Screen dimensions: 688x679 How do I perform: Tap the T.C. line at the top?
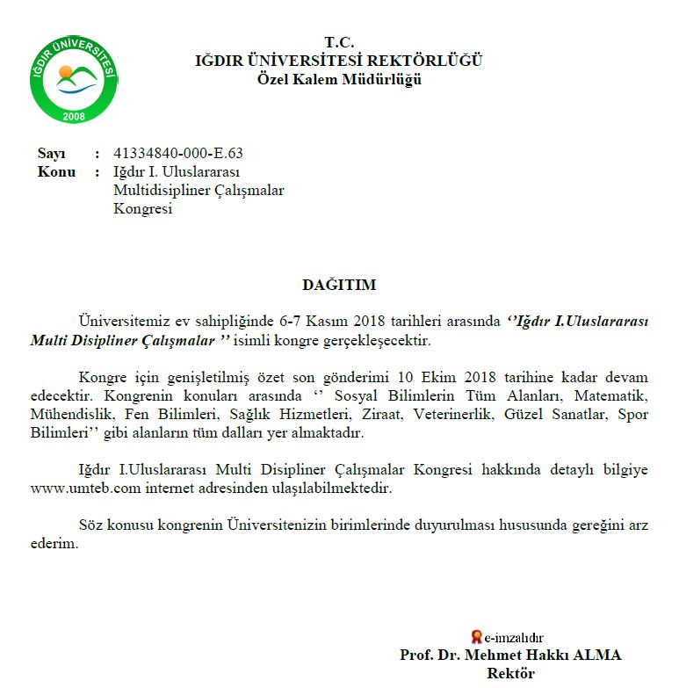coord(338,42)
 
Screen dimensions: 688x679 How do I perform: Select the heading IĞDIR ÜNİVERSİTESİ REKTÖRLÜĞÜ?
coord(338,61)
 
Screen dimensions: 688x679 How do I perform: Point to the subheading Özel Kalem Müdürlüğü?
coord(338,79)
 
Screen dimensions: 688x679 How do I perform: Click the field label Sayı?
coord(52,153)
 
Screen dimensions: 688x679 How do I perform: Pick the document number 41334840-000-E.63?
coord(178,153)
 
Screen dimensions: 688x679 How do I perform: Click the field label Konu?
coord(56,171)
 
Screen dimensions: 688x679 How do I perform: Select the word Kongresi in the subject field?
coord(142,208)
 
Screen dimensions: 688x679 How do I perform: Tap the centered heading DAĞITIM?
coord(338,285)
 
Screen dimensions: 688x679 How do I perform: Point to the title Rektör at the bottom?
coord(510,674)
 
